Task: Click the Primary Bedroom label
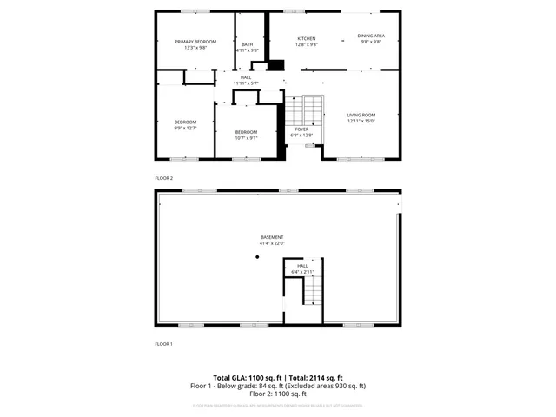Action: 195,42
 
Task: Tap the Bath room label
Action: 248,44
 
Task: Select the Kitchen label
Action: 307,38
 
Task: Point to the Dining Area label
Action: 371,36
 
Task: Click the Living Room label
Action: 361,115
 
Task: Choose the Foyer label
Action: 301,129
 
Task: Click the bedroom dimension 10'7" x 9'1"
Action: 247,137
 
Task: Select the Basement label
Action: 272,237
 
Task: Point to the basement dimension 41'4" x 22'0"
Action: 272,244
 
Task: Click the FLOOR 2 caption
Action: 164,177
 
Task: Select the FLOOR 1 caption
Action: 164,344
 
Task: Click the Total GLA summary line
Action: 278,377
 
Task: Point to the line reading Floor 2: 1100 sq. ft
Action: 278,394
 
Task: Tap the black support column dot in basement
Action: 257,257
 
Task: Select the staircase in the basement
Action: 313,292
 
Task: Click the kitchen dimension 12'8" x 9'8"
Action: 307,44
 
